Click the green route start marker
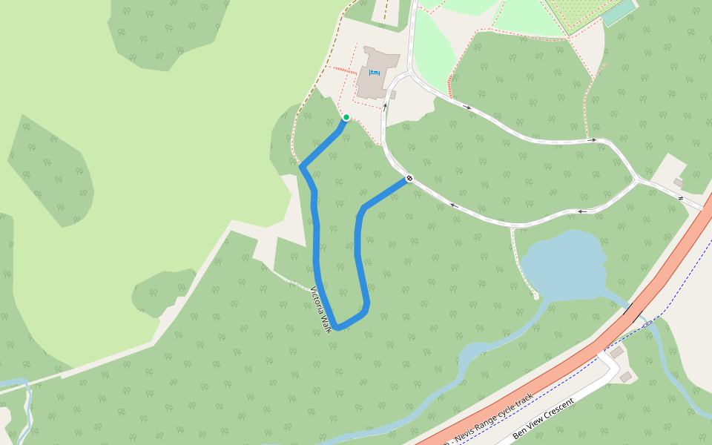[x=346, y=117]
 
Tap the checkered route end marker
[x=409, y=179]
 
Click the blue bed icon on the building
[x=373, y=73]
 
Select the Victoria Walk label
[x=320, y=309]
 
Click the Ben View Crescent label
[x=544, y=421]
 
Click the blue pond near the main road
[x=564, y=263]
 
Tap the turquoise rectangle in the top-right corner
[x=619, y=13]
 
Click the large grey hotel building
[x=377, y=74]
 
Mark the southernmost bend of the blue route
[x=337, y=327]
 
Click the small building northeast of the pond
[x=678, y=182]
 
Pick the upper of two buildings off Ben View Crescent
[x=616, y=353]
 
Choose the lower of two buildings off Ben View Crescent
[x=626, y=377]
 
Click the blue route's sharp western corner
[x=302, y=168]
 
